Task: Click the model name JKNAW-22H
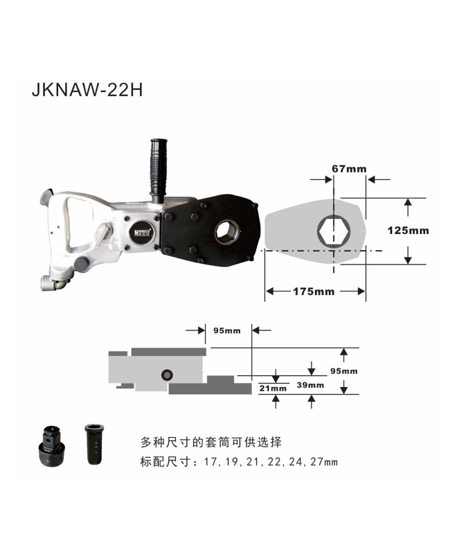[87, 90]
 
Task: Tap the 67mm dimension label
[349, 169]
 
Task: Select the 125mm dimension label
[408, 231]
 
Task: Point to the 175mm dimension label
[314, 292]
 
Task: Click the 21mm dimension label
[273, 388]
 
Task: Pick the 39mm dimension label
[310, 385]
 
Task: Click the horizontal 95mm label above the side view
[227, 331]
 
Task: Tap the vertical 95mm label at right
[343, 371]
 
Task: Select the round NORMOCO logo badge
[141, 232]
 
